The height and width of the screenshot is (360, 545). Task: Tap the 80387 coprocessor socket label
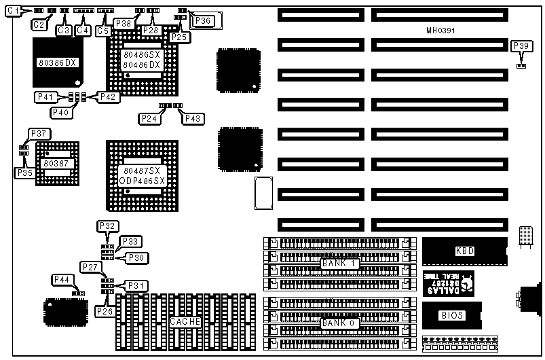pos(56,164)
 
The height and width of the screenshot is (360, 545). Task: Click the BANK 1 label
pos(340,262)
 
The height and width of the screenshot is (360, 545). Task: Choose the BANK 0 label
pos(340,323)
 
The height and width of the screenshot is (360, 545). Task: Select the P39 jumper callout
pos(521,46)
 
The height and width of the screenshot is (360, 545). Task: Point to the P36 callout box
pos(202,21)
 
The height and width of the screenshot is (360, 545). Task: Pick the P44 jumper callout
pos(62,280)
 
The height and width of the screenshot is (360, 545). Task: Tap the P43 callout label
pos(192,119)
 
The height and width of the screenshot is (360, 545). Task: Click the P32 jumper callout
pos(108,226)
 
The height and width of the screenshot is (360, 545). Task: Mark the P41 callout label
pos(45,97)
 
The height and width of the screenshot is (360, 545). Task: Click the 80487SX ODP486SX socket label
pos(141,175)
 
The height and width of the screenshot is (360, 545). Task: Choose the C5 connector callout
pos(103,30)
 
